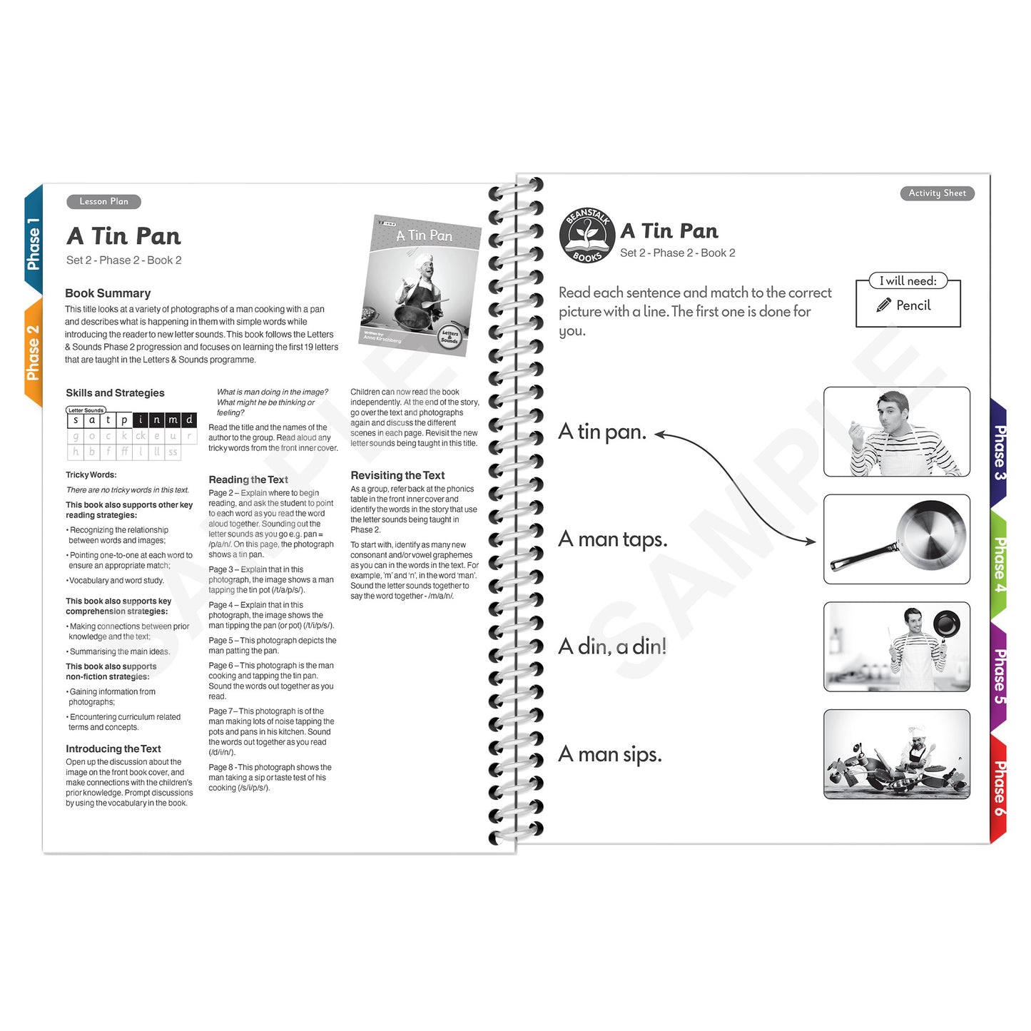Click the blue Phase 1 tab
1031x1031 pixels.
[x=33, y=243]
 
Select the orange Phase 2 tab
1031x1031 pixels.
[x=33, y=352]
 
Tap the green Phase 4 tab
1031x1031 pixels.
[x=1000, y=564]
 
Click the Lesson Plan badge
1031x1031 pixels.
[x=103, y=202]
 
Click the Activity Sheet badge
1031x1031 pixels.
[x=937, y=193]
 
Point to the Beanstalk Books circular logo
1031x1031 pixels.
[x=587, y=235]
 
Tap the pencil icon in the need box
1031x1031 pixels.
[x=883, y=305]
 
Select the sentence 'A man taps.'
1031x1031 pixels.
[x=613, y=539]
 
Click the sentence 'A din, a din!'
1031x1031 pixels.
[x=612, y=646]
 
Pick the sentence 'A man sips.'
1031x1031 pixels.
[x=610, y=754]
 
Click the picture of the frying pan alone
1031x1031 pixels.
[x=897, y=539]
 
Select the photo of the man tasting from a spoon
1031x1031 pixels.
[x=897, y=432]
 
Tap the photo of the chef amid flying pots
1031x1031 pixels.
[x=897, y=754]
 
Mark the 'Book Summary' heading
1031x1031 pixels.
[x=108, y=293]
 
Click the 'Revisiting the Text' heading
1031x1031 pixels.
[x=397, y=475]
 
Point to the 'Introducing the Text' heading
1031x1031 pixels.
[x=113, y=748]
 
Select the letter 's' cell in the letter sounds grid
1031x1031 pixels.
[x=76, y=420]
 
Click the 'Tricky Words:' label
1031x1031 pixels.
[x=91, y=474]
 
